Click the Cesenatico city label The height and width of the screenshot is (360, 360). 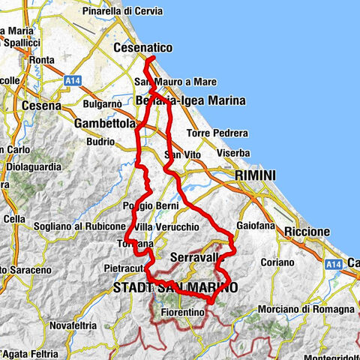[142, 48]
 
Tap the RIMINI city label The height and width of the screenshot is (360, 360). [255, 175]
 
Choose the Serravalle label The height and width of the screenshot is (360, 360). [193, 257]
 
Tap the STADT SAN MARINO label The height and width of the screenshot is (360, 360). [174, 287]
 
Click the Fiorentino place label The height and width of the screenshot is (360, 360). [182, 310]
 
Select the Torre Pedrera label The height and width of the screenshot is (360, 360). [217, 133]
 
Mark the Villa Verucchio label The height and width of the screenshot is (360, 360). [166, 226]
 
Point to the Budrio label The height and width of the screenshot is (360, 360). [100, 140]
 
